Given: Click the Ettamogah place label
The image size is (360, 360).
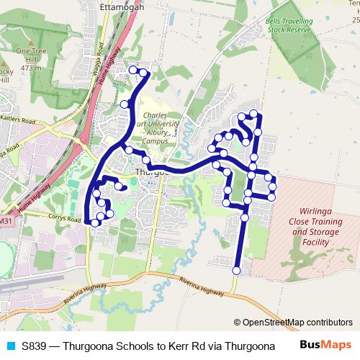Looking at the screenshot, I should [122, 6].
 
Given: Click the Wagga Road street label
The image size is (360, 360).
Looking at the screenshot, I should [99, 55].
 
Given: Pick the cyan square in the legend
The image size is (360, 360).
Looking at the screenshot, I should [9, 346].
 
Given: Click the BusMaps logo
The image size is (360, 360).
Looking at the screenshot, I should [325, 346].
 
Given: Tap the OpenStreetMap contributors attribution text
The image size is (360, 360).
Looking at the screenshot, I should [292, 323].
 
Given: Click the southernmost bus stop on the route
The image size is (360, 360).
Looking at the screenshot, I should [236, 271].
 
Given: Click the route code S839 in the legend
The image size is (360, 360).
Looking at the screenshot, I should [34, 346].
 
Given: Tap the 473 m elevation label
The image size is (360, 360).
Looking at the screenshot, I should [30, 68].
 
